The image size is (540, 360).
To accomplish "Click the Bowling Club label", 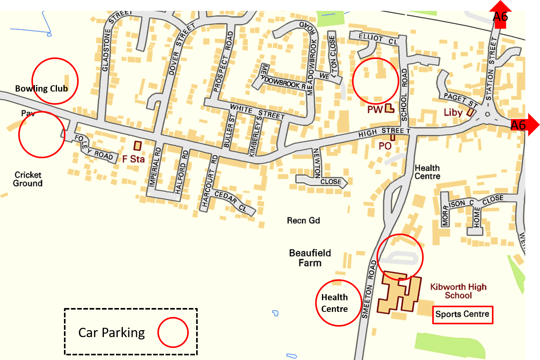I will [x=41, y=88].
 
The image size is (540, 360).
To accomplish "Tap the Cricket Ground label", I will [x=28, y=179].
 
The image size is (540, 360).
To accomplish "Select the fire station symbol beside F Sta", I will [x=137, y=146].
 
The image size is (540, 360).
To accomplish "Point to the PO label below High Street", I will [x=385, y=146].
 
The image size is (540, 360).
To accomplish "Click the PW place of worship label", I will [x=375, y=109].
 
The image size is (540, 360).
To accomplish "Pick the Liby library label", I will [x=453, y=112].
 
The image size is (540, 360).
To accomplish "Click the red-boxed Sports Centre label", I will [x=462, y=314].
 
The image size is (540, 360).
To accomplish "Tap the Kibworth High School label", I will [x=458, y=291].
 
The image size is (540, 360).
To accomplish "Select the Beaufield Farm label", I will [x=310, y=258].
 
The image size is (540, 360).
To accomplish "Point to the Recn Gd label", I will [x=303, y=221].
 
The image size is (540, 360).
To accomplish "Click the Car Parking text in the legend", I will [x=112, y=333].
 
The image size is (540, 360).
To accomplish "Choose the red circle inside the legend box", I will [x=173, y=332].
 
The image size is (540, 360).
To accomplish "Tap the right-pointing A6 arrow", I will [x=523, y=125].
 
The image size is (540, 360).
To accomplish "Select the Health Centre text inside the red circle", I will [x=335, y=303].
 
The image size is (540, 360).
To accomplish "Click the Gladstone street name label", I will [x=106, y=50].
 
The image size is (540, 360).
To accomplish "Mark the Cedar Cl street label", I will [x=231, y=201].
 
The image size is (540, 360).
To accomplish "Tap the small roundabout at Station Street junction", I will [x=487, y=114].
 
